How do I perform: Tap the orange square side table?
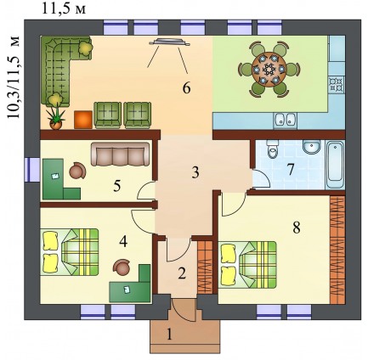tap(83, 120)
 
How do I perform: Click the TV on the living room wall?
tap(169, 42)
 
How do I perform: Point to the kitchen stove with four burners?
tap(337, 84)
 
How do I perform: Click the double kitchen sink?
tap(285, 120)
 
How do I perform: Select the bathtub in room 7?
tap(335, 165)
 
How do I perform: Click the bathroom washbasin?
tap(311, 147)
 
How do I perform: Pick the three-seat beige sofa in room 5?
tap(120, 154)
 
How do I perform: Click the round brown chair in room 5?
tap(77, 171)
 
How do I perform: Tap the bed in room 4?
tap(71, 252)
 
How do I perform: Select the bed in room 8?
tap(248, 265)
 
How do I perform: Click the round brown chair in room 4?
tap(122, 267)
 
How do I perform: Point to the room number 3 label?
tap(195, 172)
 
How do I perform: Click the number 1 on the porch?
tap(169, 335)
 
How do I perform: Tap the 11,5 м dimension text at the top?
tap(64, 8)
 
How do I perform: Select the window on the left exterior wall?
tap(31, 170)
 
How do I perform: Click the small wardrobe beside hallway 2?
tap(205, 267)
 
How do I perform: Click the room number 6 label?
tap(186, 88)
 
